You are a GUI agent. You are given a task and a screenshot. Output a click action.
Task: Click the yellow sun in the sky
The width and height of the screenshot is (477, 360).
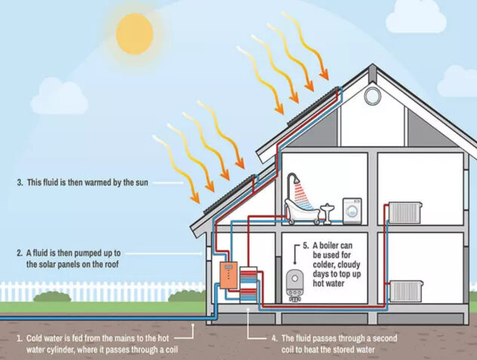pyautogui.click(x=134, y=34)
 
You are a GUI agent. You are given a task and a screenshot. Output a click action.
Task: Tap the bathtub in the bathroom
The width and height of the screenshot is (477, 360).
pyautogui.click(x=302, y=211)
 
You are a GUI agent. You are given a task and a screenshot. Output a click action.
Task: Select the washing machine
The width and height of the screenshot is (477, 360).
pyautogui.click(x=352, y=211)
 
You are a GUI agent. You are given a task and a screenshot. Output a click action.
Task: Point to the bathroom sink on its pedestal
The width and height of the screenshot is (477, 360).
pyautogui.click(x=328, y=214)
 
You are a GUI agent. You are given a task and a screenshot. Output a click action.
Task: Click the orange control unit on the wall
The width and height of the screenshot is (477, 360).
pyautogui.click(x=229, y=275)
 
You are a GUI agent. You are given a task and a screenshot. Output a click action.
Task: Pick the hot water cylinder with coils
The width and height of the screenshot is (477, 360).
pyautogui.click(x=248, y=285)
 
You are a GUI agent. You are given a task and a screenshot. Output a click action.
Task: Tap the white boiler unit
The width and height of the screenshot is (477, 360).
pyautogui.click(x=295, y=286)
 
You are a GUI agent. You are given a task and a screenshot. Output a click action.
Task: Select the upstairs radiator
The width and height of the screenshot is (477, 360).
pyautogui.click(x=405, y=213)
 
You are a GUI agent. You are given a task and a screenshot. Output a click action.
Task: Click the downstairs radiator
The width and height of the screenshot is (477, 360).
pyautogui.click(x=406, y=291)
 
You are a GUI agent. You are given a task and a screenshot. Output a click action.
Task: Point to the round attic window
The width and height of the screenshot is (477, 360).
pyautogui.click(x=372, y=96)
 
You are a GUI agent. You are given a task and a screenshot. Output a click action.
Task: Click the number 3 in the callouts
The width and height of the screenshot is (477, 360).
pyautogui.click(x=20, y=183)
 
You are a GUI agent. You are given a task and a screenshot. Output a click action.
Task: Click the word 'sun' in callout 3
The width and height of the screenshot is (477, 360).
pyautogui.click(x=142, y=183)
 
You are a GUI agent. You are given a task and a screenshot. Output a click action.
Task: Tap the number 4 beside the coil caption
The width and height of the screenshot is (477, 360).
pyautogui.click(x=275, y=338)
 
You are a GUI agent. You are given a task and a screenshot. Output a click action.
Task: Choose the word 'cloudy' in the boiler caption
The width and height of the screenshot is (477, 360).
pyautogui.click(x=349, y=265)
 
